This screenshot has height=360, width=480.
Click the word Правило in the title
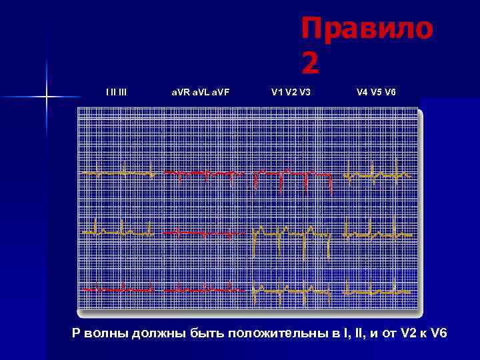click(x=367, y=29)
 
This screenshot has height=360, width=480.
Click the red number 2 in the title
click(x=311, y=64)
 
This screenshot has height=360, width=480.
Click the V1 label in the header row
click(x=277, y=91)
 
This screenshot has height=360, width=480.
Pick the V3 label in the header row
click(x=305, y=91)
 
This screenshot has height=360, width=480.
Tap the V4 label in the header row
click(x=362, y=91)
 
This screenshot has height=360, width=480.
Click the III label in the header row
click(x=121, y=91)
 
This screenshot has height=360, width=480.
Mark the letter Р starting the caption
click(x=76, y=332)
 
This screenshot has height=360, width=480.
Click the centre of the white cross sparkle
click(x=47, y=97)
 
